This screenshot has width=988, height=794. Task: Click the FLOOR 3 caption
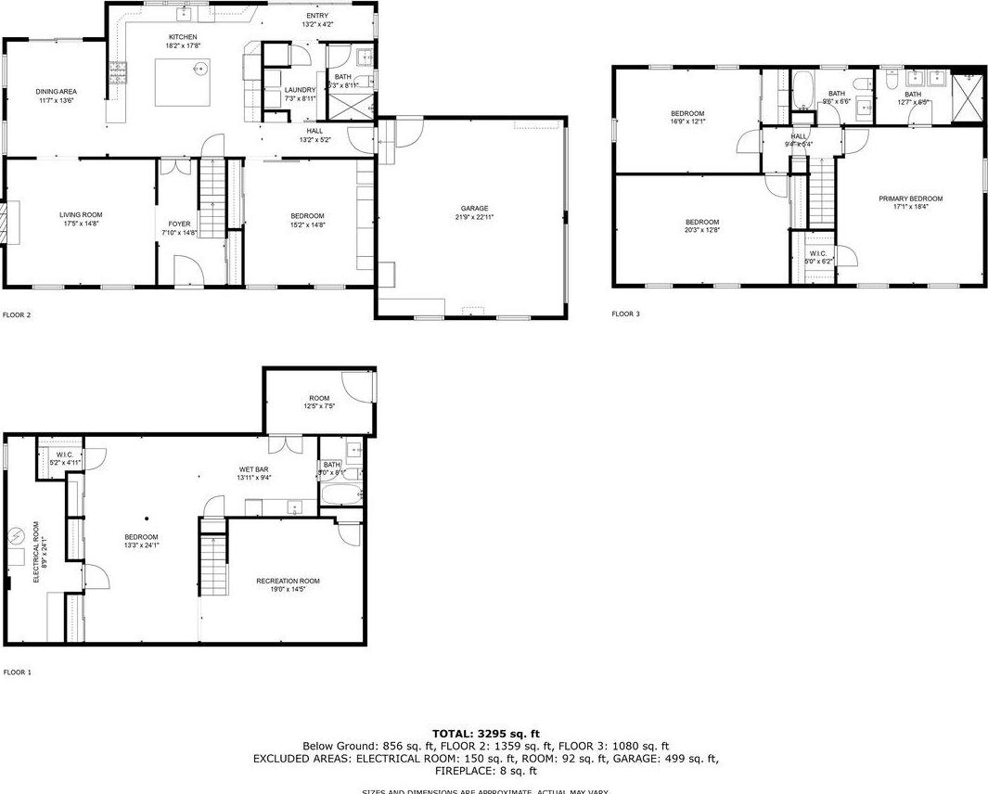(x=625, y=314)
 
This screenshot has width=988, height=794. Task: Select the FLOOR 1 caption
(x=18, y=672)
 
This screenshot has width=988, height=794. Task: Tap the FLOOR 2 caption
(x=18, y=315)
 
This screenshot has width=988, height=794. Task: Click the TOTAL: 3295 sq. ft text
(x=485, y=734)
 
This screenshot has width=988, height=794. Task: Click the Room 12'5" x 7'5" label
(x=319, y=402)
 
